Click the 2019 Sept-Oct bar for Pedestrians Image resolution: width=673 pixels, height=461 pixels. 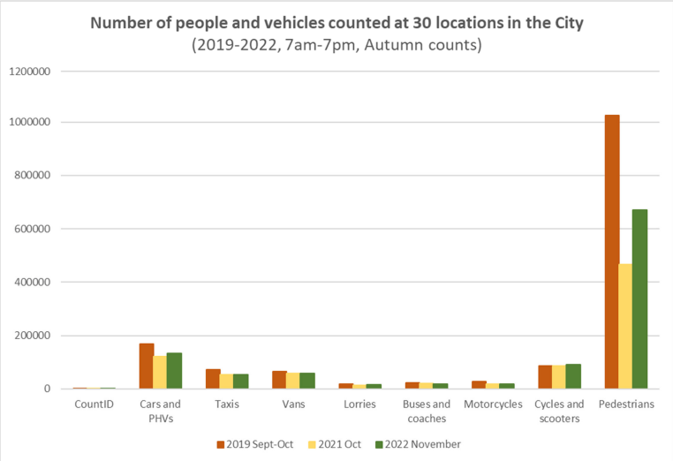[x=611, y=252]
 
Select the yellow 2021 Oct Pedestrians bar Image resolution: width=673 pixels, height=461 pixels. [x=626, y=326]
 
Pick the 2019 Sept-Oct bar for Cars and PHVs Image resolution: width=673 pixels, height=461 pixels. [x=147, y=366]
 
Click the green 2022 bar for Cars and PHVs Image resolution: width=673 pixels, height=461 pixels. [x=174, y=371]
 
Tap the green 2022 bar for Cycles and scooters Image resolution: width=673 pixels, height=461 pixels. [x=572, y=376]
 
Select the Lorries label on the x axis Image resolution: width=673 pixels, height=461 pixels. [x=359, y=404]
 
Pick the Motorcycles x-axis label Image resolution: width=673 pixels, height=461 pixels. [x=493, y=404]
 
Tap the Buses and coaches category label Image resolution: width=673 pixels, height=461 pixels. [x=427, y=411]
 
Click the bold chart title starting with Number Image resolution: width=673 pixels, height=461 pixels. [x=336, y=23]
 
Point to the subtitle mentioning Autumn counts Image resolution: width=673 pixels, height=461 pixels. [x=336, y=45]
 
